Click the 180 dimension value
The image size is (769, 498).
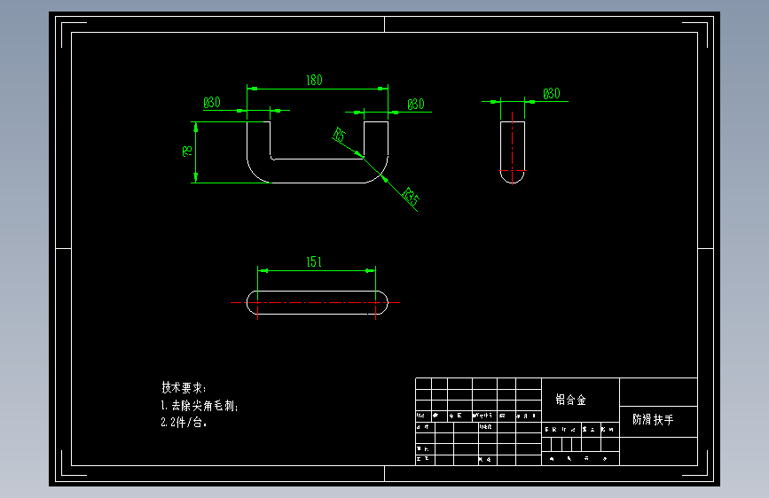pyautogui.click(x=314, y=81)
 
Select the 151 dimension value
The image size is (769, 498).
pyautogui.click(x=314, y=262)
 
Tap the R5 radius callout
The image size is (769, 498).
pyautogui.click(x=339, y=135)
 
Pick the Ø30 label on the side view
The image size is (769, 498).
pyautogui.click(x=551, y=94)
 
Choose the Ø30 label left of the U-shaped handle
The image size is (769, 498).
pyautogui.click(x=212, y=103)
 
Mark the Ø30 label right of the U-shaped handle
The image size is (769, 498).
pyautogui.click(x=416, y=105)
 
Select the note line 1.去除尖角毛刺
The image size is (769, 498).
pyautogui.click(x=200, y=406)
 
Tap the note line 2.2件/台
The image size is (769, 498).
pyautogui.click(x=184, y=424)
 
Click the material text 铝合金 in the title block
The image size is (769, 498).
pyautogui.click(x=570, y=400)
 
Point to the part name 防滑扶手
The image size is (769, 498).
pyautogui.click(x=652, y=419)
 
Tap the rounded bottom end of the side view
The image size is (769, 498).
pyautogui.click(x=513, y=178)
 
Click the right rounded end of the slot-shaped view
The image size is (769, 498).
pyautogui.click(x=382, y=302)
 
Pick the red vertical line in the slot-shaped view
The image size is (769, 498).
pyautogui.click(x=257, y=306)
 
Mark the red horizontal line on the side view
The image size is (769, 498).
pyautogui.click(x=513, y=170)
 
